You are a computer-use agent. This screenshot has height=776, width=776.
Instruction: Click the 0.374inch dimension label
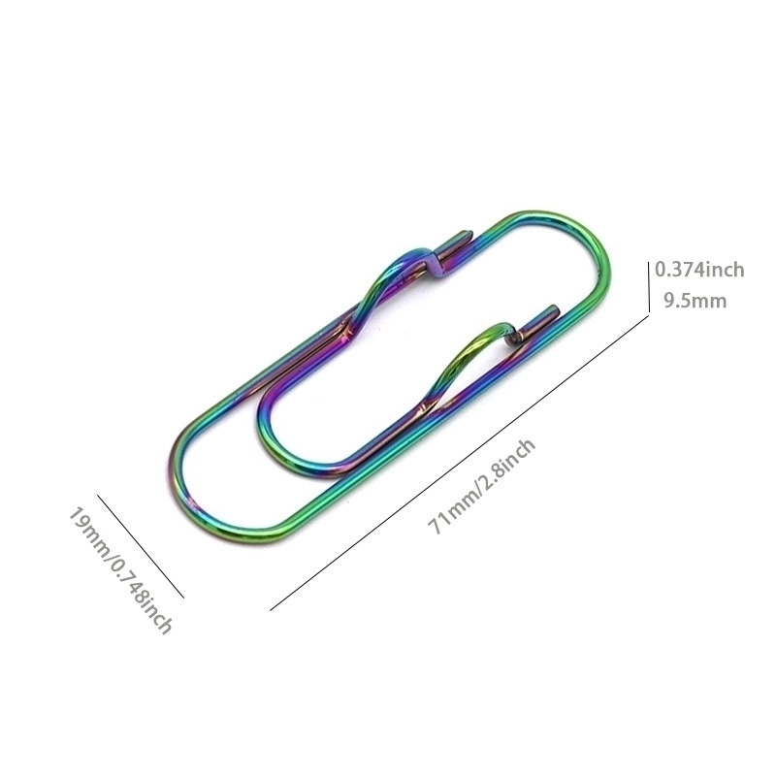[699, 270]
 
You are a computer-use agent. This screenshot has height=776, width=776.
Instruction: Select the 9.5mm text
[695, 301]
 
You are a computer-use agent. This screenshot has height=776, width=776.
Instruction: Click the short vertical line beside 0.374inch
[649, 287]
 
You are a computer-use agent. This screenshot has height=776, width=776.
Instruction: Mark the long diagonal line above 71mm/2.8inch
[459, 464]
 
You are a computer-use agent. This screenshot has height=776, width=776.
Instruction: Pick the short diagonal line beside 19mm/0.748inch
[141, 546]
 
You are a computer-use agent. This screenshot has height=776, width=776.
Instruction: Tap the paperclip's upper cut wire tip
[468, 232]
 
